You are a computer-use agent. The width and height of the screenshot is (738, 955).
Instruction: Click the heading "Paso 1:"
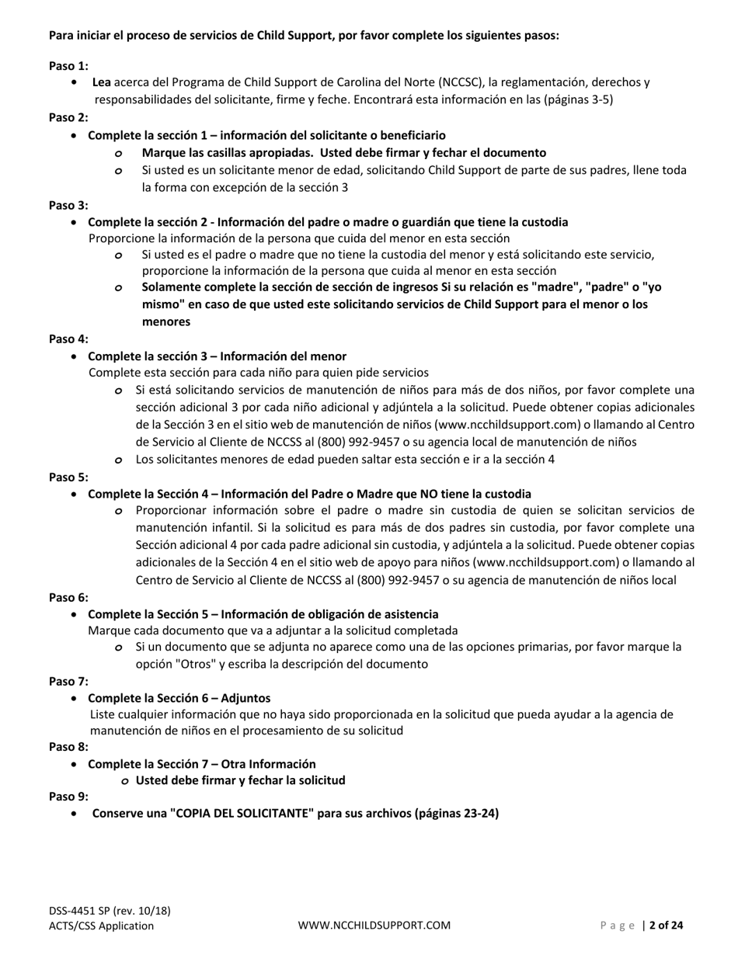pyautogui.click(x=68, y=66)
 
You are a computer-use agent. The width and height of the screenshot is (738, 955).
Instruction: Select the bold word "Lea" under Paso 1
pyautogui.click(x=102, y=82)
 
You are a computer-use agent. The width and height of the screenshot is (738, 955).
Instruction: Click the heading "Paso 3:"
pyautogui.click(x=68, y=205)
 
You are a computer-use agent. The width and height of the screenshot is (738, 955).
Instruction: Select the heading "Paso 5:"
pyautogui.click(x=68, y=477)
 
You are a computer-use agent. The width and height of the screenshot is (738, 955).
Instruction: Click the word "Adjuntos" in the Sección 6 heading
pyautogui.click(x=245, y=698)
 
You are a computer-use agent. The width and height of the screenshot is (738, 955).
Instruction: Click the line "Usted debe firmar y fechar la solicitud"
pyautogui.click(x=240, y=780)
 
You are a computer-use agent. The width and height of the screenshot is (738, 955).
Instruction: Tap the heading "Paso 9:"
pyautogui.click(x=68, y=796)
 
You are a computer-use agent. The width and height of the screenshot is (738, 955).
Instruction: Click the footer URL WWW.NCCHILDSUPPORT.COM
pyautogui.click(x=374, y=925)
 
